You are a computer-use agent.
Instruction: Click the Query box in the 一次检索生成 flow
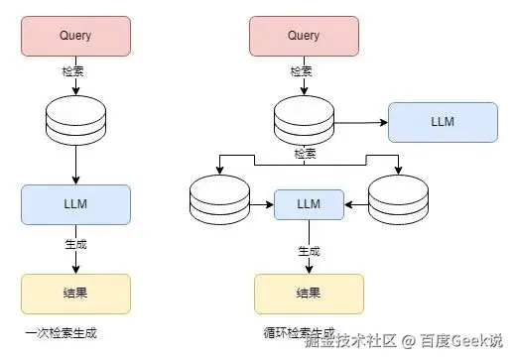coord(75,36)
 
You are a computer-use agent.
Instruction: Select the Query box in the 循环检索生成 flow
coord(304,36)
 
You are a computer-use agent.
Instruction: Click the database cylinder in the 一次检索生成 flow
coord(75,116)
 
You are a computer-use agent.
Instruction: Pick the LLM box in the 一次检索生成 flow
coord(75,204)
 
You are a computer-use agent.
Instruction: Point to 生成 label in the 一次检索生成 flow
coord(75,240)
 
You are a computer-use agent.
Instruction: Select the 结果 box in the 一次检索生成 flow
coord(75,294)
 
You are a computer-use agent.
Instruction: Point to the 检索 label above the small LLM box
coord(305,154)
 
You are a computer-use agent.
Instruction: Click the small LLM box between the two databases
coord(309,204)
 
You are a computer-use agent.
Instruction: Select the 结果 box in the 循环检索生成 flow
coord(309,294)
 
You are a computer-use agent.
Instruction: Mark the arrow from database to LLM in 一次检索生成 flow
coord(75,163)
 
